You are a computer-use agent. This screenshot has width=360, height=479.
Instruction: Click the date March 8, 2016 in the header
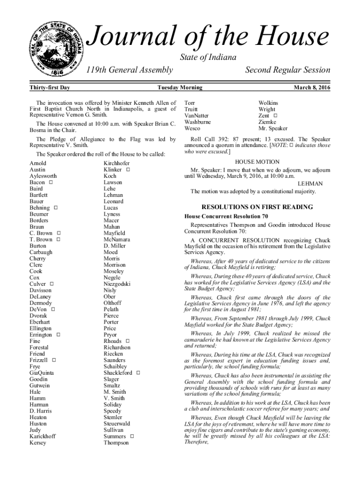[x=311, y=87]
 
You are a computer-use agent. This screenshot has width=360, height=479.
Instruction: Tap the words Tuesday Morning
[x=180, y=87]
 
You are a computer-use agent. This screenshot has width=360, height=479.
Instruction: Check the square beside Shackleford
[x=138, y=373]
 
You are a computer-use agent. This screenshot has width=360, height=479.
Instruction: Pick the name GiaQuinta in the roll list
[x=41, y=373]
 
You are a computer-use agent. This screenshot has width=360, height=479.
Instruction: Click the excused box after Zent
[x=275, y=116]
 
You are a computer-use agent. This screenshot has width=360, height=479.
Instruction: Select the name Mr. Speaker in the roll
[x=273, y=128]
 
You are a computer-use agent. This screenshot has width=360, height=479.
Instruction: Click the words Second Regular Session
[x=288, y=70]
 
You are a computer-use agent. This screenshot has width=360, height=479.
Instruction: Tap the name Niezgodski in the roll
[x=117, y=284]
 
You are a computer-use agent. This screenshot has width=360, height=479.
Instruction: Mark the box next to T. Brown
[x=58, y=239]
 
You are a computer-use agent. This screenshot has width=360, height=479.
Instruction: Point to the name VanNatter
[x=197, y=116]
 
